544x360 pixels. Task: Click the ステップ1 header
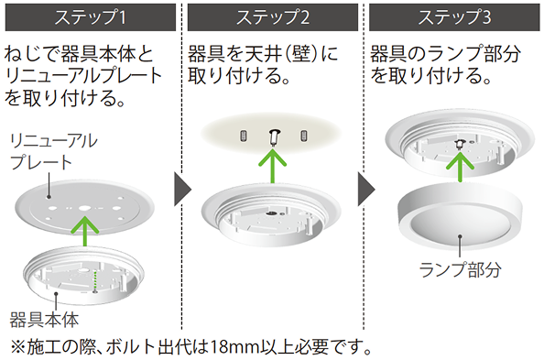90,17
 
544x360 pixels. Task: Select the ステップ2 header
273,17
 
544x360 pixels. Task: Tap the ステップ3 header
454,17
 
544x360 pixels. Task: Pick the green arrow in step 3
460,167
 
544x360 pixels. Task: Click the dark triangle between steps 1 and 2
182,190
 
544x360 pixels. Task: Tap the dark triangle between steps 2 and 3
366,190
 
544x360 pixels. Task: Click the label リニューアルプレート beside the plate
54,152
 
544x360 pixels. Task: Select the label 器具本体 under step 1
44,320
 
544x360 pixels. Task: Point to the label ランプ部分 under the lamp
460,269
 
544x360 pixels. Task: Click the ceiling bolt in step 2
275,137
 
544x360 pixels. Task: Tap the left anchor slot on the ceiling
244,136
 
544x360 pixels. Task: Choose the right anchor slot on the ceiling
304,136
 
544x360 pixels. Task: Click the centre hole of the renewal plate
84,209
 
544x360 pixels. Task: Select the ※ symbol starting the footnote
17,347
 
